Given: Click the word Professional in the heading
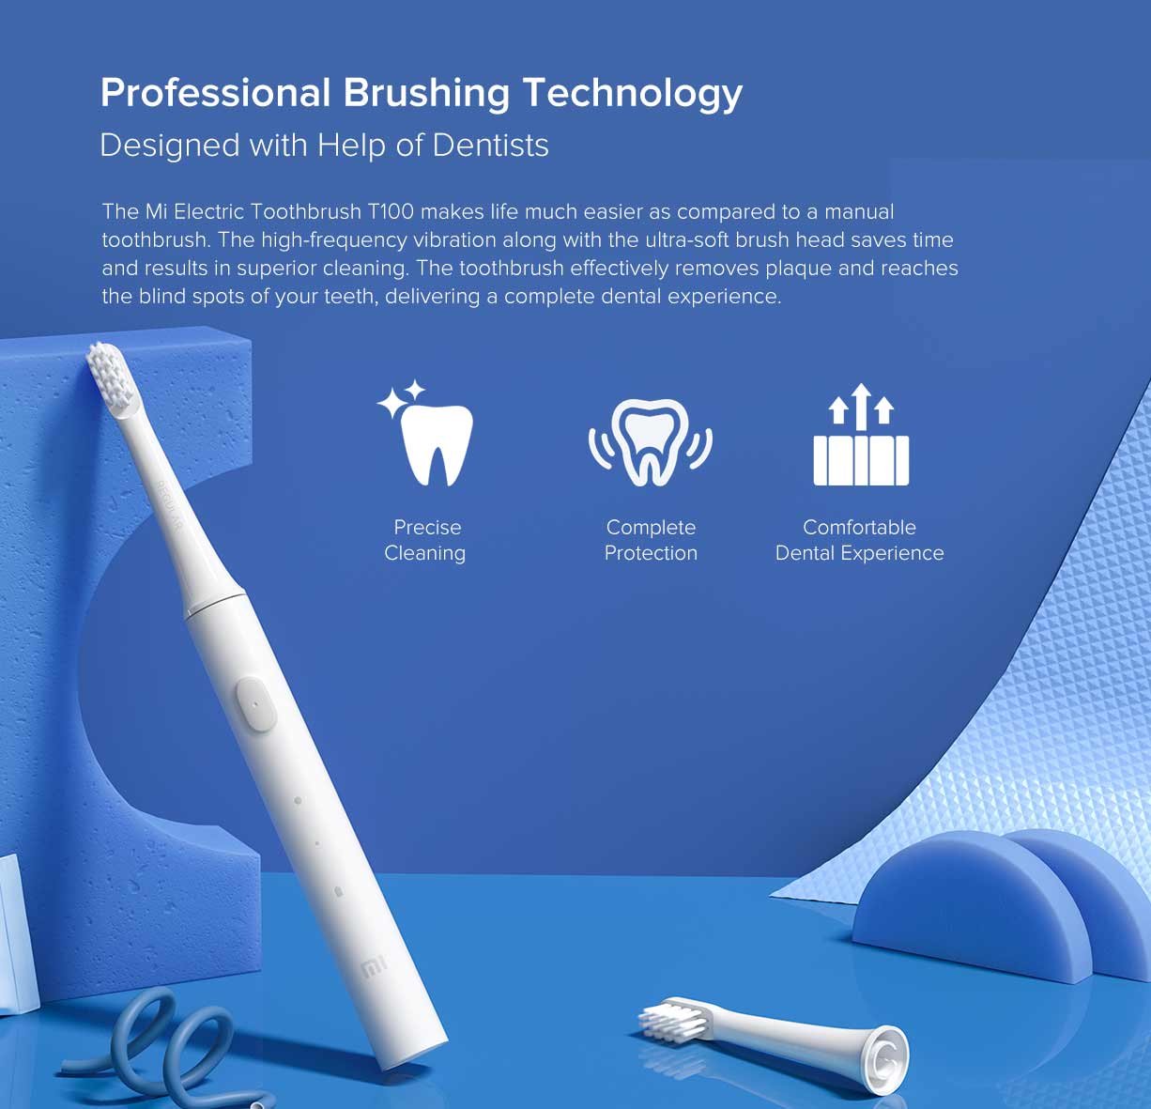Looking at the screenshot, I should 215,93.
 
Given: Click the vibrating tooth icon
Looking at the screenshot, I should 651,440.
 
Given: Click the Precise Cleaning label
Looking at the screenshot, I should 426,540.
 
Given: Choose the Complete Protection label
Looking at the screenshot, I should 651,540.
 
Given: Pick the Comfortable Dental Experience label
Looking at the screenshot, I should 859,540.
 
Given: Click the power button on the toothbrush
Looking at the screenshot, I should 255,702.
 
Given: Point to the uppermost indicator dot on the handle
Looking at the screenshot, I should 298,801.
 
